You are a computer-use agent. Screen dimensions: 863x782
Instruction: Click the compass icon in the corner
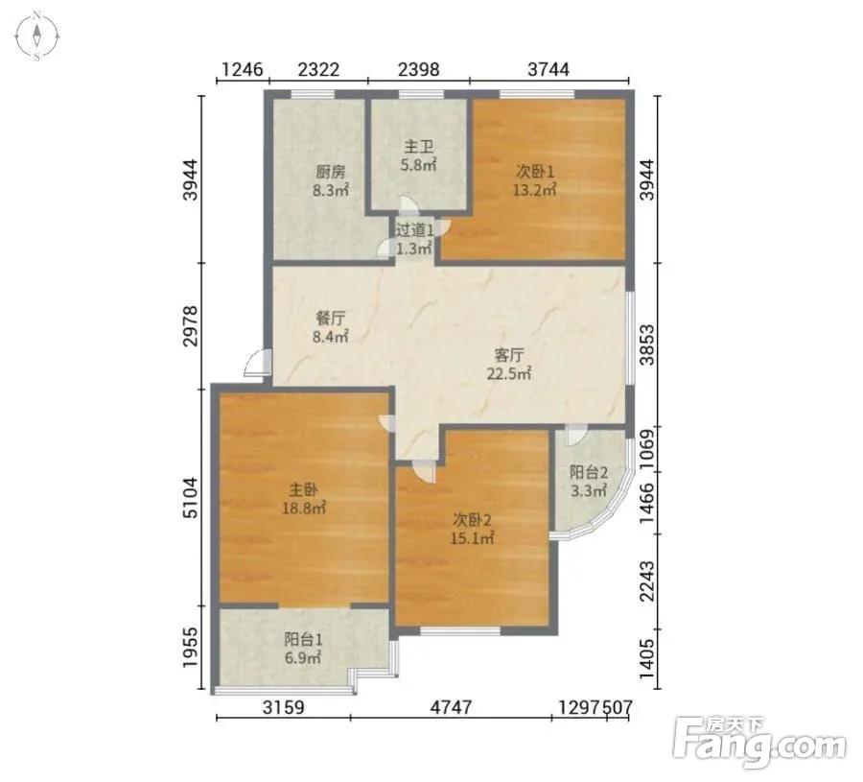[36, 36]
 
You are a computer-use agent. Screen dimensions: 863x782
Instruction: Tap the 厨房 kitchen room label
[331, 173]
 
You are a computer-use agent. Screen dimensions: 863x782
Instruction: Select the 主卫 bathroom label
[419, 147]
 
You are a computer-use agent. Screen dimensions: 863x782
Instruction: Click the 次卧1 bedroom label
[535, 172]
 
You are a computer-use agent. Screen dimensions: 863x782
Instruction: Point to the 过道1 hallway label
[414, 229]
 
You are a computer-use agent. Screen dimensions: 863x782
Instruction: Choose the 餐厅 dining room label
[330, 319]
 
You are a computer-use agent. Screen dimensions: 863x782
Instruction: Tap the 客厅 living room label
[509, 355]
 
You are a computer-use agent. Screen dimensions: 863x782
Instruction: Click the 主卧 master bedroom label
[303, 489]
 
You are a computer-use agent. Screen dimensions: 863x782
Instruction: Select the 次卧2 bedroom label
[472, 519]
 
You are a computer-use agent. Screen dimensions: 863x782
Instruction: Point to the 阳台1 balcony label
[303, 639]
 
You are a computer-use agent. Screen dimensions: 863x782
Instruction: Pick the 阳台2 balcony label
[589, 472]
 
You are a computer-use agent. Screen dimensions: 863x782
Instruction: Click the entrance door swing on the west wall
[256, 363]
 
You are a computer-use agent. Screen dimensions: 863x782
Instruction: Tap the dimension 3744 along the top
[548, 69]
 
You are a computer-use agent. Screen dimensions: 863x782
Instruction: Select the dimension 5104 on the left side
[190, 497]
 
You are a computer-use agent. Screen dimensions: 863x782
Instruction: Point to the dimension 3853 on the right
[648, 344]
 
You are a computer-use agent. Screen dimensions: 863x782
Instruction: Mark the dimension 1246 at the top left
[243, 69]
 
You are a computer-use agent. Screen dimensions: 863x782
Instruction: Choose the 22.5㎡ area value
[509, 374]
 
